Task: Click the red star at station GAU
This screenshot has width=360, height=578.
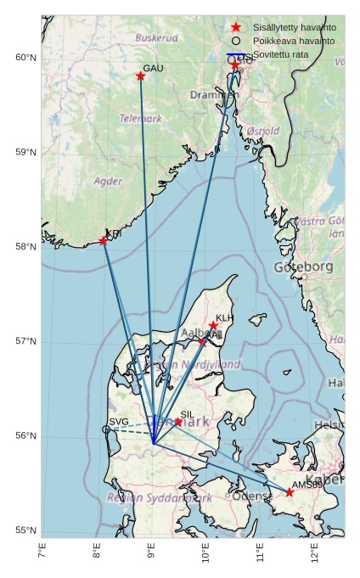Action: point(141,76)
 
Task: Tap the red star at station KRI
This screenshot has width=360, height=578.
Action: point(104,241)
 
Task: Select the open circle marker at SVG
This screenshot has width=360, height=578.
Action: point(106,429)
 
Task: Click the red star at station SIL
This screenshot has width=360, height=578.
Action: point(178,422)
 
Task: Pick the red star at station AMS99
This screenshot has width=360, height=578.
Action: point(290,492)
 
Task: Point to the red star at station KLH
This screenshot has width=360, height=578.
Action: point(213,326)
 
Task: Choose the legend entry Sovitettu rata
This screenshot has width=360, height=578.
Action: point(281,54)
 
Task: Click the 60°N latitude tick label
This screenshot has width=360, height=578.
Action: point(25,58)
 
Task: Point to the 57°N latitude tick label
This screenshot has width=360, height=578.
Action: point(25,341)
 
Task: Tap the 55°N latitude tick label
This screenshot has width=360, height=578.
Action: point(25,530)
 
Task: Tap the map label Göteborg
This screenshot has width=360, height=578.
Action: point(303,267)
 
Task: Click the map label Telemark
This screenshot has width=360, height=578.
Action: point(140,119)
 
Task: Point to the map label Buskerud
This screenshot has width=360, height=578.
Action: point(156,38)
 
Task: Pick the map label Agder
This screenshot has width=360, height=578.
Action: point(108,182)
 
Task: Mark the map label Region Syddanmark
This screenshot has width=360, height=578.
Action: point(160,498)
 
